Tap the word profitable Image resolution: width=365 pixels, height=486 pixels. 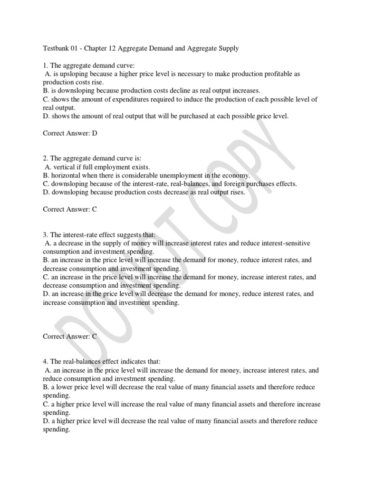tap(263, 74)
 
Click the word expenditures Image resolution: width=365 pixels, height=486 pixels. tap(125, 99)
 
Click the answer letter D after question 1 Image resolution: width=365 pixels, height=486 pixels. tap(95, 133)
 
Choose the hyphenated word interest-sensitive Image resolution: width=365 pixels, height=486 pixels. tap(284, 243)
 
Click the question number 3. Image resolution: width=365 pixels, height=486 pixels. tap(45, 235)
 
